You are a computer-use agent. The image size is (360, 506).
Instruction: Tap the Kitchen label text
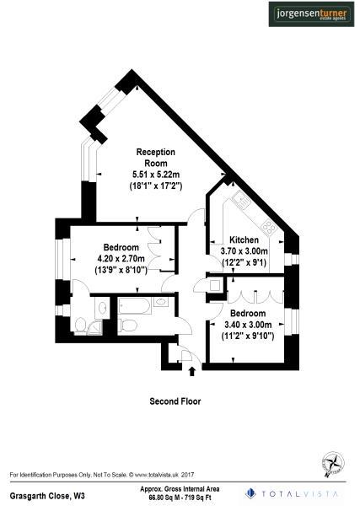tap(232, 240)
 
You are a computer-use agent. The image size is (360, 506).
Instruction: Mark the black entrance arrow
tap(191, 369)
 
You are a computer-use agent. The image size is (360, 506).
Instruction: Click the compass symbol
tap(332, 461)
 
